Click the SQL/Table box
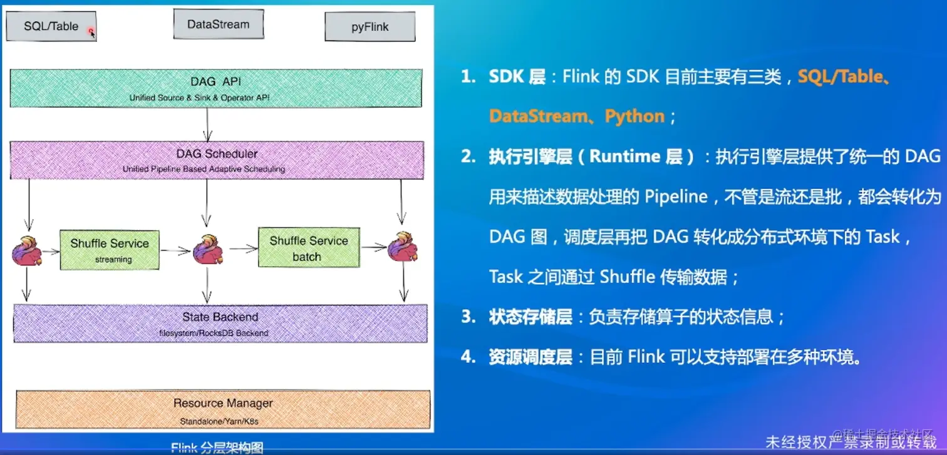[51, 26]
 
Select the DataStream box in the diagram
[218, 24]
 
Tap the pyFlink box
[370, 27]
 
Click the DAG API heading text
[215, 81]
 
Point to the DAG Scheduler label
[217, 153]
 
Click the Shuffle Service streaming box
[110, 250]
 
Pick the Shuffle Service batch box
[308, 248]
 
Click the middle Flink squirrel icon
[207, 250]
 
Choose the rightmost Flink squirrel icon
[402, 247]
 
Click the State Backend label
[220, 317]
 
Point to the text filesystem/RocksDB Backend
[214, 333]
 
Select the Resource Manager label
[223, 404]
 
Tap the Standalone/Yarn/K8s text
[219, 421]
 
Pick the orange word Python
[634, 116]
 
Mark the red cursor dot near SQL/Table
[91, 31]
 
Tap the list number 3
[467, 317]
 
